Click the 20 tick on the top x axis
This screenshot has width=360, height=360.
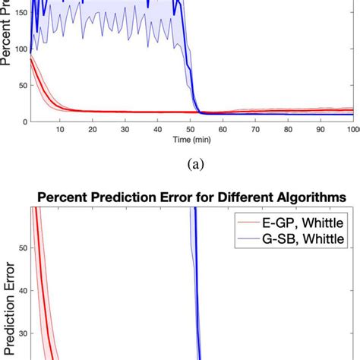click(93, 130)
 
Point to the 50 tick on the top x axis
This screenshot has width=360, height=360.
click(190, 130)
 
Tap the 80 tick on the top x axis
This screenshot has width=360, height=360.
click(286, 130)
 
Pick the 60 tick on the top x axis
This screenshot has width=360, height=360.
click(222, 130)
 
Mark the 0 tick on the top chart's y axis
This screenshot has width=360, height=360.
click(25, 121)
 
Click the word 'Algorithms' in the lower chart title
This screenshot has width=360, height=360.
click(308, 198)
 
